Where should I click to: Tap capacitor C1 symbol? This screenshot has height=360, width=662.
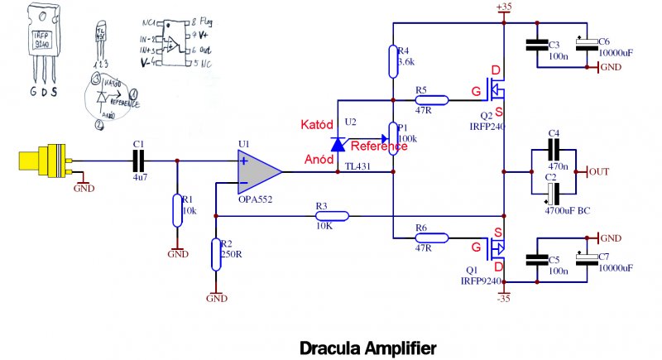[138, 161]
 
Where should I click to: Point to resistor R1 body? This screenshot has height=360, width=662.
[176, 210]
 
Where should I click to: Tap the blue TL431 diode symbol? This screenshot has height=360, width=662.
[337, 145]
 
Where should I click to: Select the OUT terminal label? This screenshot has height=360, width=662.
[601, 171]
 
